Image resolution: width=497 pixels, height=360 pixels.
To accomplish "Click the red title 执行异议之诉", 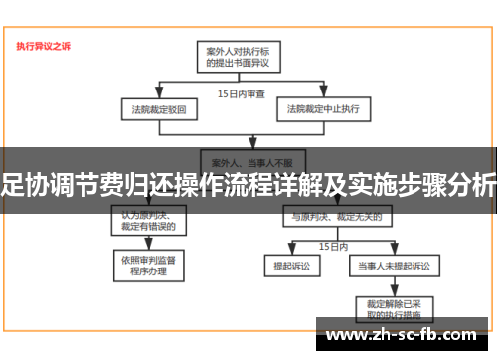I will pos(43,45).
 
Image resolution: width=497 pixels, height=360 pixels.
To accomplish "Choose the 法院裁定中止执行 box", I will pos(323,107).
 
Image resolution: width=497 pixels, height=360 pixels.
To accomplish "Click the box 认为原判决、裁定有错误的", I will pos(149,220).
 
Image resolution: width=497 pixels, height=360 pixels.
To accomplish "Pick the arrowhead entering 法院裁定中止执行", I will pos(323,96).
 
